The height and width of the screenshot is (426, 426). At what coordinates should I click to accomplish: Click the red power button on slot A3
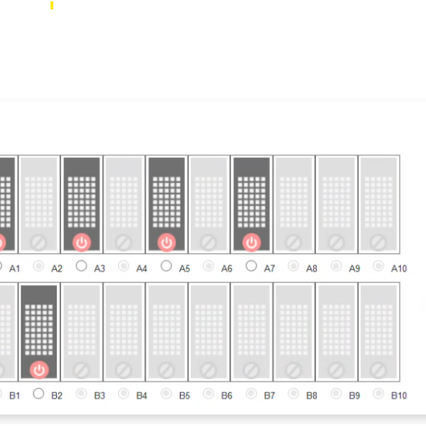pyautogui.click(x=82, y=242)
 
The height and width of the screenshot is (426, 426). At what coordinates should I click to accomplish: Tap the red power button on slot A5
pyautogui.click(x=167, y=242)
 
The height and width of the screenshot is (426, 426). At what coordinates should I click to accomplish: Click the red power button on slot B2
pyautogui.click(x=39, y=370)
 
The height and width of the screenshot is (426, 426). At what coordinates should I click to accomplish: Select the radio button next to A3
pyautogui.click(x=82, y=266)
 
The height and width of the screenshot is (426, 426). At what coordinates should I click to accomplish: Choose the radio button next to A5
pyautogui.click(x=166, y=266)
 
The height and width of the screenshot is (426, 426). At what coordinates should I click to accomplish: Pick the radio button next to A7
pyautogui.click(x=251, y=266)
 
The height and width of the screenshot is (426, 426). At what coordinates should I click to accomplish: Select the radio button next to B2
pyautogui.click(x=39, y=393)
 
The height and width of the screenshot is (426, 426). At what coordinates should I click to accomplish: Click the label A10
pyautogui.click(x=399, y=269)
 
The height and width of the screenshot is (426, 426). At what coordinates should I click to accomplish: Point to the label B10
pyautogui.click(x=399, y=395)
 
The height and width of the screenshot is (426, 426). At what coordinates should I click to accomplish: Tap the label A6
pyautogui.click(x=226, y=269)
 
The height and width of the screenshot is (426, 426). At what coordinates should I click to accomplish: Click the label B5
pyautogui.click(x=184, y=395)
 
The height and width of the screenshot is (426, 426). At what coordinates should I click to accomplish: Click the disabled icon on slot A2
pyautogui.click(x=39, y=242)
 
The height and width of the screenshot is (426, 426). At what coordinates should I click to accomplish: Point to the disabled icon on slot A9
pyautogui.click(x=336, y=242)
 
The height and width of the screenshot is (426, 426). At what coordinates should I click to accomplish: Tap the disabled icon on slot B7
pyautogui.click(x=251, y=370)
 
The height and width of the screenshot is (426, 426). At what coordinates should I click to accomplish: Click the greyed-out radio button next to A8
pyautogui.click(x=293, y=266)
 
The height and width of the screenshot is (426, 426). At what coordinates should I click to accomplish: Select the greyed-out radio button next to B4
pyautogui.click(x=123, y=393)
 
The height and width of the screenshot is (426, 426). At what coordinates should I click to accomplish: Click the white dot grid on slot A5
pyautogui.click(x=167, y=202)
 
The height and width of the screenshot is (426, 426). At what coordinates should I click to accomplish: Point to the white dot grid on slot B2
pyautogui.click(x=39, y=330)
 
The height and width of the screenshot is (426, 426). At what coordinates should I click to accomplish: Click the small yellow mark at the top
pyautogui.click(x=52, y=5)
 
